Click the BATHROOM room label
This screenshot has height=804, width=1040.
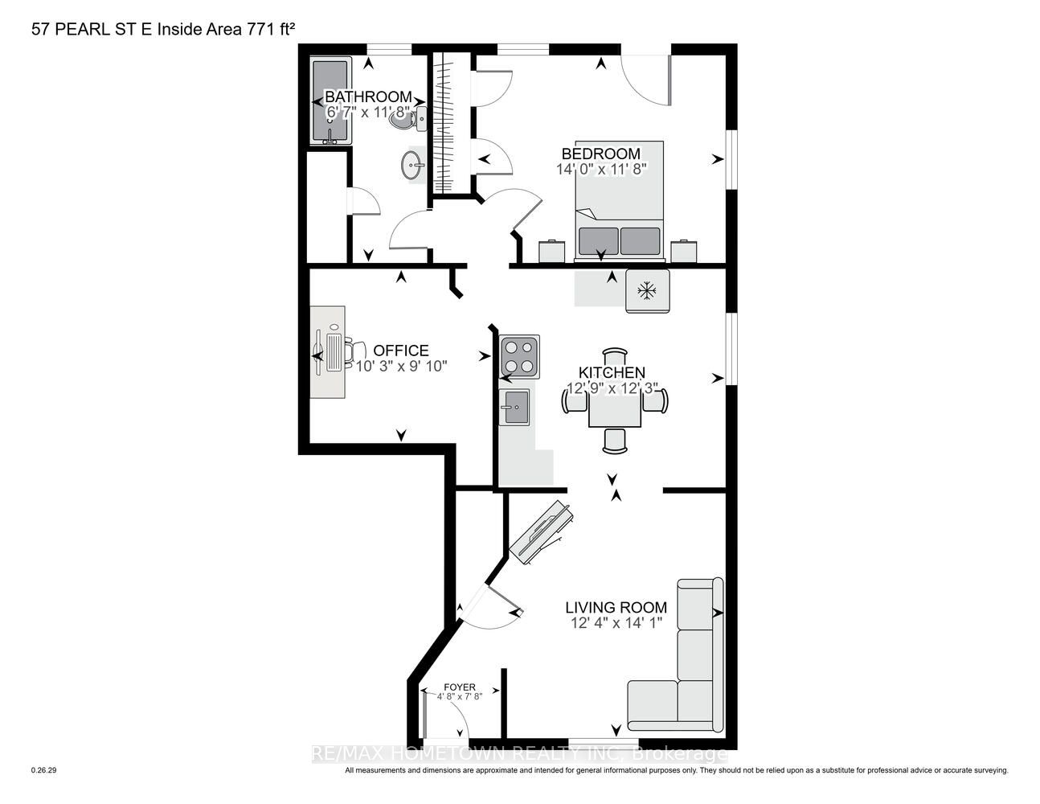[368, 96]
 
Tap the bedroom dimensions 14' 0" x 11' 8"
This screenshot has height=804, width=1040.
[601, 169]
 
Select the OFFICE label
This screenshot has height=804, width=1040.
[401, 351]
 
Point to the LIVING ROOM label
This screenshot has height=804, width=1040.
[616, 607]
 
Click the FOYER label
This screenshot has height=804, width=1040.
[460, 687]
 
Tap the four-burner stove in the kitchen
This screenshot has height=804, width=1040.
[519, 356]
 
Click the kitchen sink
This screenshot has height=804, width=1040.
[514, 407]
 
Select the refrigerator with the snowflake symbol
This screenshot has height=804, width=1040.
[648, 291]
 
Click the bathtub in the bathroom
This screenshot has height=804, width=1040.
[330, 100]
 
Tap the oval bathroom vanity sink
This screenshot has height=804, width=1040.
[412, 166]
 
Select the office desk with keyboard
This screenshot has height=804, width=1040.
[327, 352]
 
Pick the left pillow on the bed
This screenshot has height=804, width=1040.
[598, 241]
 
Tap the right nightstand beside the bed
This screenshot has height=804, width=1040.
[683, 251]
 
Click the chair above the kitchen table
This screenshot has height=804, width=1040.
[615, 358]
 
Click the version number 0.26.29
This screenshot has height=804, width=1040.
[44, 770]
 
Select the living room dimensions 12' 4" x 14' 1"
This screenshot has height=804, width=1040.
[616, 623]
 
